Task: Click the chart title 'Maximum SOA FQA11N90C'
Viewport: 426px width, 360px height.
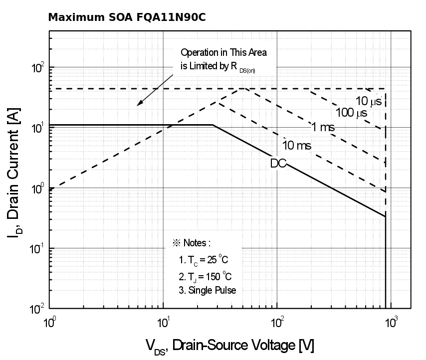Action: pyautogui.click(x=127, y=18)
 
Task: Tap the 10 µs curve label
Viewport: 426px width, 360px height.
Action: pyautogui.click(x=369, y=100)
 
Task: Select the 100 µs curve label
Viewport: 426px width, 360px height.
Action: pyautogui.click(x=351, y=113)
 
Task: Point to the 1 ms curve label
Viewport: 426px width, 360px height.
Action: pyautogui.click(x=323, y=128)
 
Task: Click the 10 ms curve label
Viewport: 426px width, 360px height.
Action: pyautogui.click(x=297, y=146)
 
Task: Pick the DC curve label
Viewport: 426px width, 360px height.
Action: pyautogui.click(x=278, y=163)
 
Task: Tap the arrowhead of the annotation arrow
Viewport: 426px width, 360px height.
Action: pyautogui.click(x=139, y=104)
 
